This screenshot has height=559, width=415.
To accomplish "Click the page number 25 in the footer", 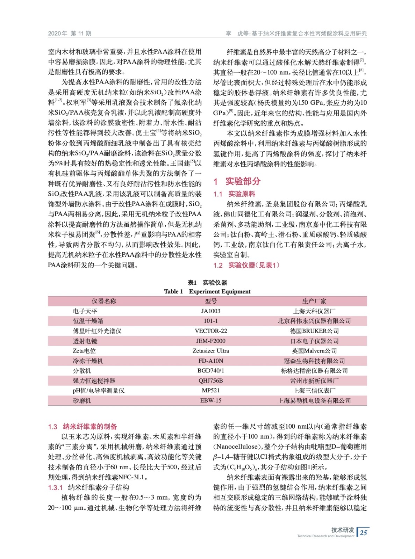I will [x=364, y=532].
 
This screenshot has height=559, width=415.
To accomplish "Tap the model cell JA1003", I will [x=210, y=311].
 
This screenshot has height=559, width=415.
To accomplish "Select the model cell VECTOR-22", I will [x=210, y=331].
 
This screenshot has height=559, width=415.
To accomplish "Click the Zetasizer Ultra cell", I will [x=210, y=351].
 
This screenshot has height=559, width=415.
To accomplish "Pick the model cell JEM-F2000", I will [x=210, y=341].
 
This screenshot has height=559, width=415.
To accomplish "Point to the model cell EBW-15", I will [x=210, y=400].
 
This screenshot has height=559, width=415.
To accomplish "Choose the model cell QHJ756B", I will [x=210, y=380].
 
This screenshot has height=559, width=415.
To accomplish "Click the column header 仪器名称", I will [x=104, y=301].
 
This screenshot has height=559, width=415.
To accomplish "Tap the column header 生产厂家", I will [x=314, y=301].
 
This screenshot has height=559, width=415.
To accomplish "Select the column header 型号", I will [x=210, y=301].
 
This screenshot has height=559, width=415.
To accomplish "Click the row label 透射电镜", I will [x=85, y=341].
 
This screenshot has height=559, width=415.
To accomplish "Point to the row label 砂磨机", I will [x=82, y=401].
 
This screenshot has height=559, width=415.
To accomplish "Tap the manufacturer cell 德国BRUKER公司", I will [x=314, y=331].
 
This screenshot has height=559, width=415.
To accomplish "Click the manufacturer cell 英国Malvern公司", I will [x=314, y=351].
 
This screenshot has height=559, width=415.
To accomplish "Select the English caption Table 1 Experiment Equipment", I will [x=207, y=291].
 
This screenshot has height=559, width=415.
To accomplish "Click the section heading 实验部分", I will [x=243, y=181].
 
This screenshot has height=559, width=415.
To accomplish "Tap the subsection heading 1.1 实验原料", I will [x=234, y=194].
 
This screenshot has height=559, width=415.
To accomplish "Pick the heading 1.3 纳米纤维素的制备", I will [x=83, y=427].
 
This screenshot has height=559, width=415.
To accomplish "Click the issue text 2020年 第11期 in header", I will [x=70, y=34].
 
